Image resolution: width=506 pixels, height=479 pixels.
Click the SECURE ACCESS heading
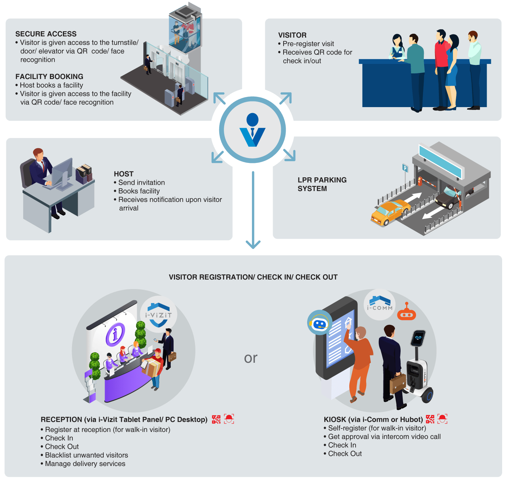46,34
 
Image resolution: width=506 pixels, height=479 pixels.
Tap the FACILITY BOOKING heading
49,77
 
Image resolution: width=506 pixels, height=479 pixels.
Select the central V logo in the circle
252,130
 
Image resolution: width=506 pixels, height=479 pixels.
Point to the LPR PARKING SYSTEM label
322,184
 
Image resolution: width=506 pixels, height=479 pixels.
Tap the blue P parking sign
405,168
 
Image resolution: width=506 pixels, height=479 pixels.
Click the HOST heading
124,174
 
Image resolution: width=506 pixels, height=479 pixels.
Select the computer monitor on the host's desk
63,172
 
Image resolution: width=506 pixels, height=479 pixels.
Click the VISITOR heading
292,35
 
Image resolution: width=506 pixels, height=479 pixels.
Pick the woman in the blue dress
452,70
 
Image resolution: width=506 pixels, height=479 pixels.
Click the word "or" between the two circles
251,358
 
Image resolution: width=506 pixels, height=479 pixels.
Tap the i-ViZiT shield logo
158,314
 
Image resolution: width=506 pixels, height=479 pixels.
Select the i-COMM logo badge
379,304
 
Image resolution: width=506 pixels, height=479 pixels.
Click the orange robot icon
407,313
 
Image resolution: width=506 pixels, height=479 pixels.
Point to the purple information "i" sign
116,334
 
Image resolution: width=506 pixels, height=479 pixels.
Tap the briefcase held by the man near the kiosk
398,383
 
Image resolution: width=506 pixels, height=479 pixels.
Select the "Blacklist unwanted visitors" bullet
86,455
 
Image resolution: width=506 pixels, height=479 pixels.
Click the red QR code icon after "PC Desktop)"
216,419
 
